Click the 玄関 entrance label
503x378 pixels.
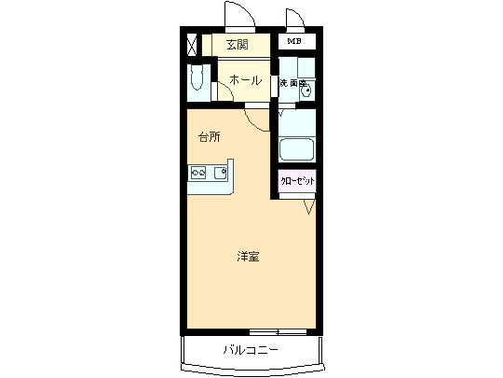coord(238,44)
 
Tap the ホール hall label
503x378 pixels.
coord(244,80)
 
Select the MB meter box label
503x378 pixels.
coord(294,42)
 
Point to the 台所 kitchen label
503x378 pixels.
coord(210,137)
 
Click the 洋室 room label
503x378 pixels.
coord(247,256)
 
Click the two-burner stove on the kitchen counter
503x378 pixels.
coord(198,173)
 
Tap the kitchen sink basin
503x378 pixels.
coord(221,173)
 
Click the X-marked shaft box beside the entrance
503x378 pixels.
coord(192,44)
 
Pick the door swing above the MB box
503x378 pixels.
coord(295,20)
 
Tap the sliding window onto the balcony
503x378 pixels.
coord(279,332)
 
